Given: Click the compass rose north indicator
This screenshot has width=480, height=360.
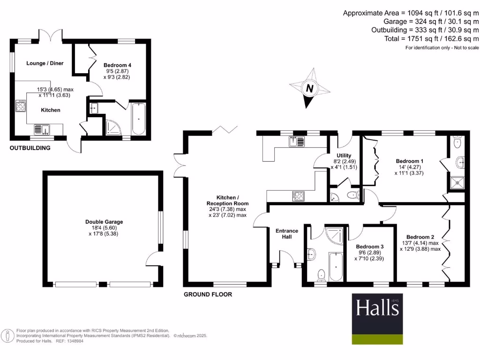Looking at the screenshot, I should pos(309,88).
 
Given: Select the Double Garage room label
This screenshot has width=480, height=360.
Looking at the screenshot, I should pos(104,222).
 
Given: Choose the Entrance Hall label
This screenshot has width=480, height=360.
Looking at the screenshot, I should pos(286,234).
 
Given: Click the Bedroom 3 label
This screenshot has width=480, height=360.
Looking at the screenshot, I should pos(370,247).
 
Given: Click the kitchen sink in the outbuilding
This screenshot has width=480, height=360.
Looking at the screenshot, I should pos(41,128).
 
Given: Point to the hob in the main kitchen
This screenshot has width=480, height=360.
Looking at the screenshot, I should pos(298,195).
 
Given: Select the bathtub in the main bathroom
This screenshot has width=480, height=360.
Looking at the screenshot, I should pos(336,267).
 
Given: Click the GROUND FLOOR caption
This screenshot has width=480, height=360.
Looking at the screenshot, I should pos(208,294).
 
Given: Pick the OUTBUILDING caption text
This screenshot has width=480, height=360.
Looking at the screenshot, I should pos(30,148).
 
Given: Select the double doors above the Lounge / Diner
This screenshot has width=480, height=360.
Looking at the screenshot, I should pos(52,36).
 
